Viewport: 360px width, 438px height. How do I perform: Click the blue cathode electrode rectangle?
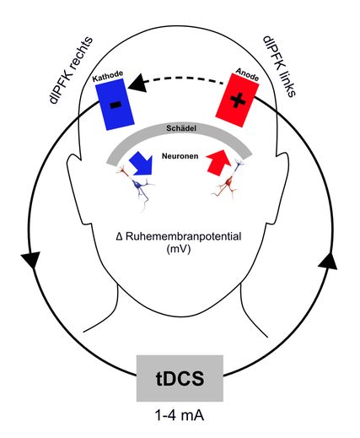pos(115,105)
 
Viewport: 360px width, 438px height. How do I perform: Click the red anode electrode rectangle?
pos(237,100)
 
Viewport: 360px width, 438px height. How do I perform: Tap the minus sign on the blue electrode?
pos(116,105)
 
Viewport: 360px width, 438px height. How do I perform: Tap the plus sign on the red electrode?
pos(237,100)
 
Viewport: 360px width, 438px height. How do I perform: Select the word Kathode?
pos(108,75)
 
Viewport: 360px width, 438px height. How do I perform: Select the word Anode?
pos(247,74)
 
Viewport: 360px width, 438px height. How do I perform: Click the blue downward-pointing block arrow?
pos(142,164)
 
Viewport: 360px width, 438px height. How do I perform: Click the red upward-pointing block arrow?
pos(219,161)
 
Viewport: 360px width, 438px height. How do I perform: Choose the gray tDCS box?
pos(180,378)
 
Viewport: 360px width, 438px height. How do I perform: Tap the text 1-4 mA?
pos(180,415)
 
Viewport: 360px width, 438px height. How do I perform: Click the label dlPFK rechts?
pos(70,70)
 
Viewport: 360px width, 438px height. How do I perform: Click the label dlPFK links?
pos(279,67)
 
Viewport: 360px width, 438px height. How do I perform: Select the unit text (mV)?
pos(179,249)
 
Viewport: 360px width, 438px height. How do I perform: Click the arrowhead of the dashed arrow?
pos(137,83)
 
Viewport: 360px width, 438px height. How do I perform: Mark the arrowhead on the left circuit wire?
pos(30,260)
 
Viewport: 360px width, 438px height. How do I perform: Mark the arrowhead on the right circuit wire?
pos(328,261)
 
